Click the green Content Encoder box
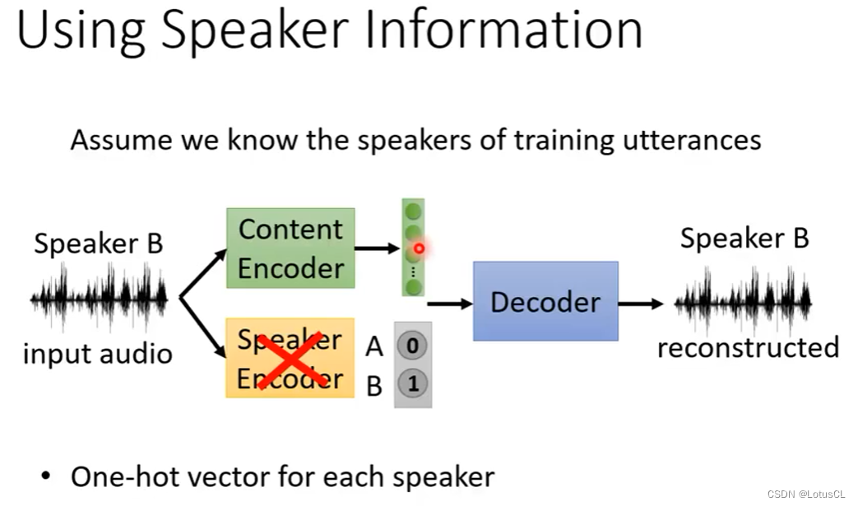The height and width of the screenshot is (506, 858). point(290,248)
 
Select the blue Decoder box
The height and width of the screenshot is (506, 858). point(545,301)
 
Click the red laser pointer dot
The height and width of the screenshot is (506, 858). point(419,248)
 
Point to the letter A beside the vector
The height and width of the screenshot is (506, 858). point(374,347)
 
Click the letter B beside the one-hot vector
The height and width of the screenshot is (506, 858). point(374,385)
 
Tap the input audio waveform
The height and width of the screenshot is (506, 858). point(99,299)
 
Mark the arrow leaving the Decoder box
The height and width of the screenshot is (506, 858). point(641,304)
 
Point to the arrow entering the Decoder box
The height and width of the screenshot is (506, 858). point(451,304)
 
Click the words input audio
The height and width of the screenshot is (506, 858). point(98,354)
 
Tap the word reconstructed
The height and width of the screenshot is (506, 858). point(748,347)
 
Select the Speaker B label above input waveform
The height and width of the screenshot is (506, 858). point(99,244)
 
